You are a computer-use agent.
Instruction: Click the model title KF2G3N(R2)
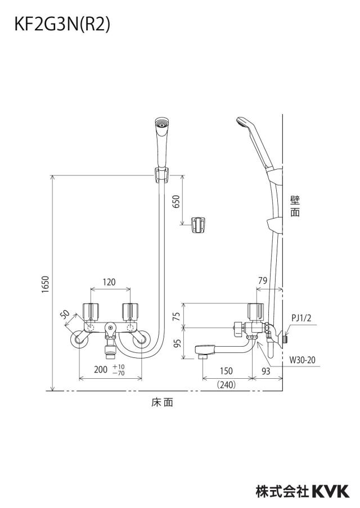[62, 25]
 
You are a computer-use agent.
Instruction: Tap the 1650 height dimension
[45, 285]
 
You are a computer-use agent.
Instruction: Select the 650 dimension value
[176, 202]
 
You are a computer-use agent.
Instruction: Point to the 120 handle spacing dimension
[109, 282]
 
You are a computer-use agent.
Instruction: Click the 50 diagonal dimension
[65, 314]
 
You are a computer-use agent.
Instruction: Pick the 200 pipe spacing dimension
[101, 369]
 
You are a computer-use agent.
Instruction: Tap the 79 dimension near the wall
[263, 280]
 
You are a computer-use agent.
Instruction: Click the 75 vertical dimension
[176, 316]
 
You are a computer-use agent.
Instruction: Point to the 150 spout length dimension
[226, 371]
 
